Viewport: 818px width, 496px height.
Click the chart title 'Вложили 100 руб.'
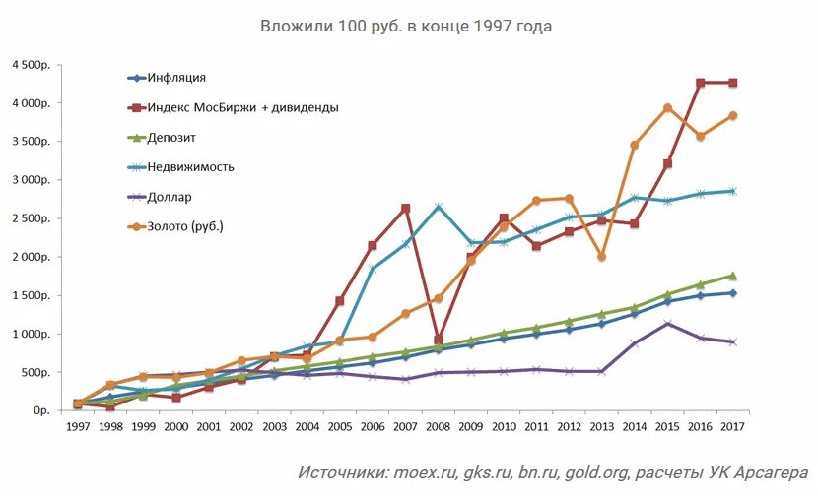(x=406, y=27)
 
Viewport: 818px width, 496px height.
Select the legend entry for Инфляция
(x=176, y=78)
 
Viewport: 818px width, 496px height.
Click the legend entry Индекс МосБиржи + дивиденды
(x=242, y=107)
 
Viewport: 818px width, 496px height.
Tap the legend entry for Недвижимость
(x=190, y=166)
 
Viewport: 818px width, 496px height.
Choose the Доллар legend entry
(x=170, y=196)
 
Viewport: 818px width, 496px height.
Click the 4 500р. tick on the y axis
(x=30, y=65)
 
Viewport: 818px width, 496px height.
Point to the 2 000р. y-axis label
(x=30, y=258)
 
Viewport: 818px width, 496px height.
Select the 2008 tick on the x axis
(x=438, y=427)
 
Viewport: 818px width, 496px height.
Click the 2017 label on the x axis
(x=732, y=427)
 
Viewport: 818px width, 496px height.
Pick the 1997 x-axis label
(x=78, y=427)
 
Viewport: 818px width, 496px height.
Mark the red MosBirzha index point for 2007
(x=405, y=209)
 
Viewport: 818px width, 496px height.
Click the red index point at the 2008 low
(x=438, y=340)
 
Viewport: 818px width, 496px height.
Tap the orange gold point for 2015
(x=667, y=108)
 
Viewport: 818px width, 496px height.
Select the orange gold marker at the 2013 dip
(x=601, y=257)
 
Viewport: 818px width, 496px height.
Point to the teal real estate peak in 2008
(x=438, y=207)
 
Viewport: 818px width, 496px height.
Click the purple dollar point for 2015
(x=667, y=323)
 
